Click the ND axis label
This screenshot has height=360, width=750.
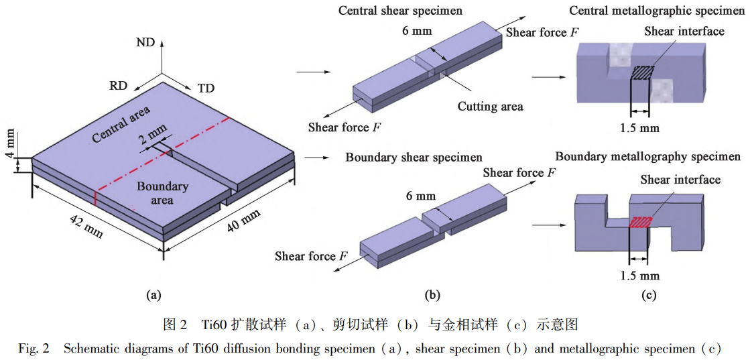145,43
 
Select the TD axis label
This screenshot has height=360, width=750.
206,88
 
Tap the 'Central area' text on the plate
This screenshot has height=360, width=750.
121,124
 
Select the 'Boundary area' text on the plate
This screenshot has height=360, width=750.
162,193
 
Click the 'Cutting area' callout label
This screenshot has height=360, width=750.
490,107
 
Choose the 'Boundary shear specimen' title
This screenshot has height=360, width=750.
414,158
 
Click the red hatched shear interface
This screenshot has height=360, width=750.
639,222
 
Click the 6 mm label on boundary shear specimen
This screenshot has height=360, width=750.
421,196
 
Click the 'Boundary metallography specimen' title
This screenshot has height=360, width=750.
647,157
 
